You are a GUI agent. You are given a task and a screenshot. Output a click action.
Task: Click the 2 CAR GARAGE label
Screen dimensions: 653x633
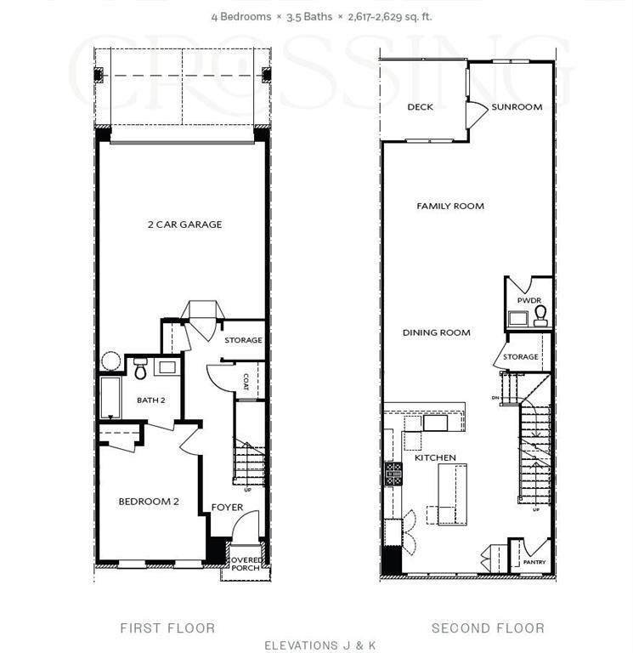point(184,224)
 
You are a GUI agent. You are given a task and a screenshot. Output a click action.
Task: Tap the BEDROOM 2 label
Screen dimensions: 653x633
point(149,502)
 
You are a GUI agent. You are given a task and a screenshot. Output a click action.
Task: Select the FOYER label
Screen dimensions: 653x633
point(227,508)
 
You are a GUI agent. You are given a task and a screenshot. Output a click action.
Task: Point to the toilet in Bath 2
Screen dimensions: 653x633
point(141,370)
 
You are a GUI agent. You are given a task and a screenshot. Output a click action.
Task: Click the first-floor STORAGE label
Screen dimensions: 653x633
point(243,340)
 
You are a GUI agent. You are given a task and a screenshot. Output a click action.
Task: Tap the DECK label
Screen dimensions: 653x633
point(420,107)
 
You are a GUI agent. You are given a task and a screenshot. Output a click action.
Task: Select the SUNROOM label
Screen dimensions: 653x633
point(517,107)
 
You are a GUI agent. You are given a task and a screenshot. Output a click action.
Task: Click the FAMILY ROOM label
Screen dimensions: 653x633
point(450,206)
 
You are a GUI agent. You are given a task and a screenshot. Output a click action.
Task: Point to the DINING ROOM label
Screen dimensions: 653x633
point(437,332)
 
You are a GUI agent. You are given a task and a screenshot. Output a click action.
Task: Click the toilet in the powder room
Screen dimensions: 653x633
point(540,317)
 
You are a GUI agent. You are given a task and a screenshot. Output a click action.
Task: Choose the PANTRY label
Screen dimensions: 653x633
point(534,561)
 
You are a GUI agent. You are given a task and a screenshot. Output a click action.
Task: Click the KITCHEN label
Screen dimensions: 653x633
point(435,457)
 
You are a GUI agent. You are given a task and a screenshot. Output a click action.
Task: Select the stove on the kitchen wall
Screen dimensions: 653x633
point(393,474)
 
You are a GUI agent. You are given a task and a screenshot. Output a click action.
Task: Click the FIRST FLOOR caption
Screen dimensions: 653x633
point(167,628)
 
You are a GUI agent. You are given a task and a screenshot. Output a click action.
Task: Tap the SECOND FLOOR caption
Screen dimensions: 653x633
point(488,628)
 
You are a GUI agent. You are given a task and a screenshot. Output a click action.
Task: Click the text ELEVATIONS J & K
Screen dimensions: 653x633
point(320,645)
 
